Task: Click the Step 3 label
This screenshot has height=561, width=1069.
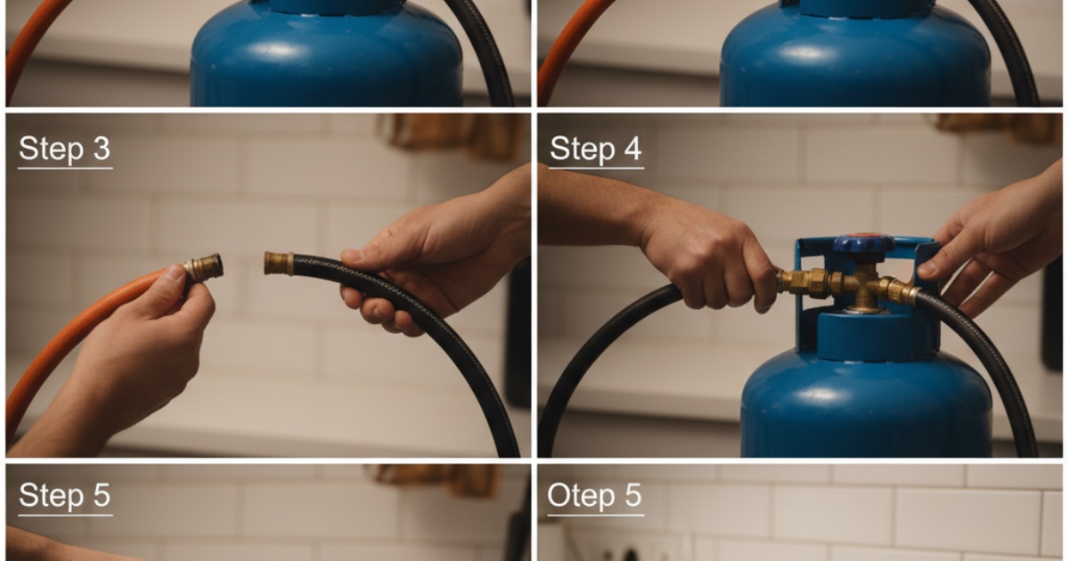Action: pyautogui.click(x=64, y=150)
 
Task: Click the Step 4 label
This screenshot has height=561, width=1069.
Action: pyautogui.click(x=596, y=150)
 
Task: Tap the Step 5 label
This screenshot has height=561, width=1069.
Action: pyautogui.click(x=64, y=496)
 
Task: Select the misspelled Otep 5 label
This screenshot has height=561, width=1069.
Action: pyautogui.click(x=595, y=496)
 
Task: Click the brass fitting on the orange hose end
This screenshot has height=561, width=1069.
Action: pyautogui.click(x=204, y=267)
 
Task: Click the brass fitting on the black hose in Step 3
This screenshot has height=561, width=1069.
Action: pyautogui.click(x=279, y=263)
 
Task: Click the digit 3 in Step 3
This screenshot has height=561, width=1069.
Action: pyautogui.click(x=102, y=149)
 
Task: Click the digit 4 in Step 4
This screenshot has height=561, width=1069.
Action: pyautogui.click(x=632, y=149)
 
